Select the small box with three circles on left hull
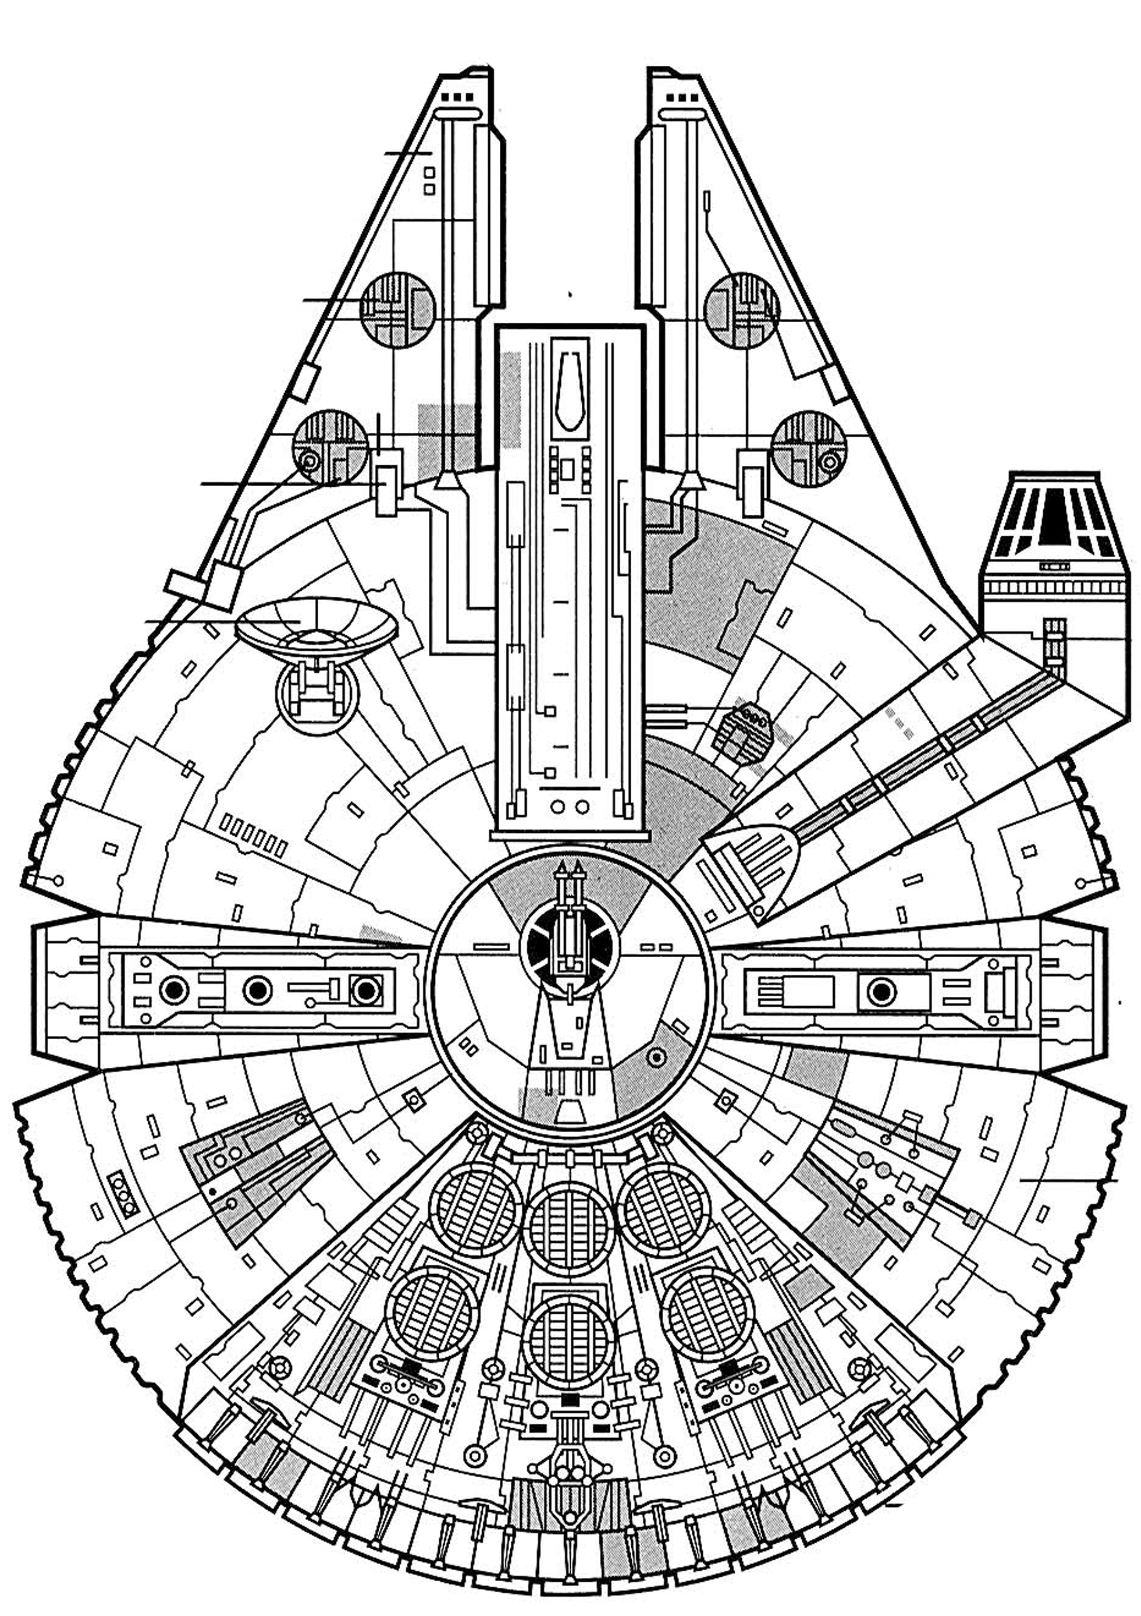(x=123, y=1195)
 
